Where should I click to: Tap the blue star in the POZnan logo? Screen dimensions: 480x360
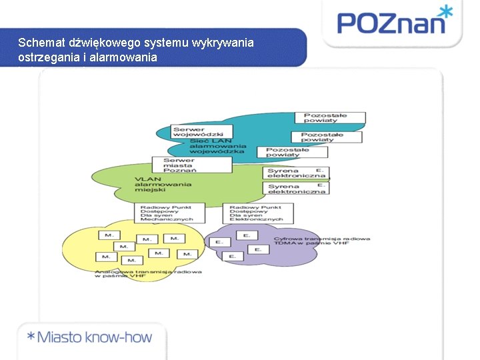click(x=444, y=11)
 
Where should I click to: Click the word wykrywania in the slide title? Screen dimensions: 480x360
click(x=223, y=43)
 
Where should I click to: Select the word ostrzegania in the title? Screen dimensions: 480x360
click(x=47, y=57)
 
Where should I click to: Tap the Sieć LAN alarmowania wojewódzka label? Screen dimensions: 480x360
click(x=218, y=146)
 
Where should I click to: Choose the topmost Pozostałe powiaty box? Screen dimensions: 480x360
click(x=335, y=118)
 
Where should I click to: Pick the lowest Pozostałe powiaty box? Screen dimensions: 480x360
click(x=287, y=153)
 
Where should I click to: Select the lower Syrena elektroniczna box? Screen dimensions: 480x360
click(x=297, y=189)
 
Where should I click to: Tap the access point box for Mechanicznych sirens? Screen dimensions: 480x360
click(x=164, y=213)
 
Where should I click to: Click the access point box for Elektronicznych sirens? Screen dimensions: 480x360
click(x=256, y=213)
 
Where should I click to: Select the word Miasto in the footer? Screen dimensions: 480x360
click(x=63, y=337)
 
